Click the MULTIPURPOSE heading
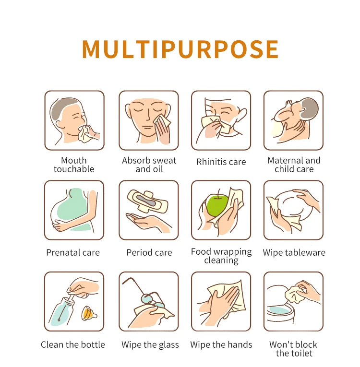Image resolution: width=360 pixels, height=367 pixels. [x=180, y=49]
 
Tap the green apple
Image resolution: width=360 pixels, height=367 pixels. [x=216, y=205]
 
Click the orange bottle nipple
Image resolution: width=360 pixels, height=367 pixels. [x=89, y=313]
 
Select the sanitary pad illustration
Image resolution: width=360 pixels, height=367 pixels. [x=147, y=201]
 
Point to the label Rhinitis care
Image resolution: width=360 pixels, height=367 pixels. [x=221, y=162]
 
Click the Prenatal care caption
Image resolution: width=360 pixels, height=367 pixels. [x=73, y=252]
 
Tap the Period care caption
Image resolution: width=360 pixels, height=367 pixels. [x=149, y=252]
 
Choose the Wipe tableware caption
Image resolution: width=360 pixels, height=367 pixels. [x=294, y=252]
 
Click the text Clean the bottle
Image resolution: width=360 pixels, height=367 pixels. [x=73, y=344]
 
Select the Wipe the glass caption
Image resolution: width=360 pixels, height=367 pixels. [x=150, y=345]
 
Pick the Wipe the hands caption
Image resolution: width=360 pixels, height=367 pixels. [x=221, y=344]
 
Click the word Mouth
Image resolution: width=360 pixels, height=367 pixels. [x=74, y=160]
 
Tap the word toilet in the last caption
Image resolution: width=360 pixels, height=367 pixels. [x=301, y=353]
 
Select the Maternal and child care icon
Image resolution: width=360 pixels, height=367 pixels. [x=293, y=120]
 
